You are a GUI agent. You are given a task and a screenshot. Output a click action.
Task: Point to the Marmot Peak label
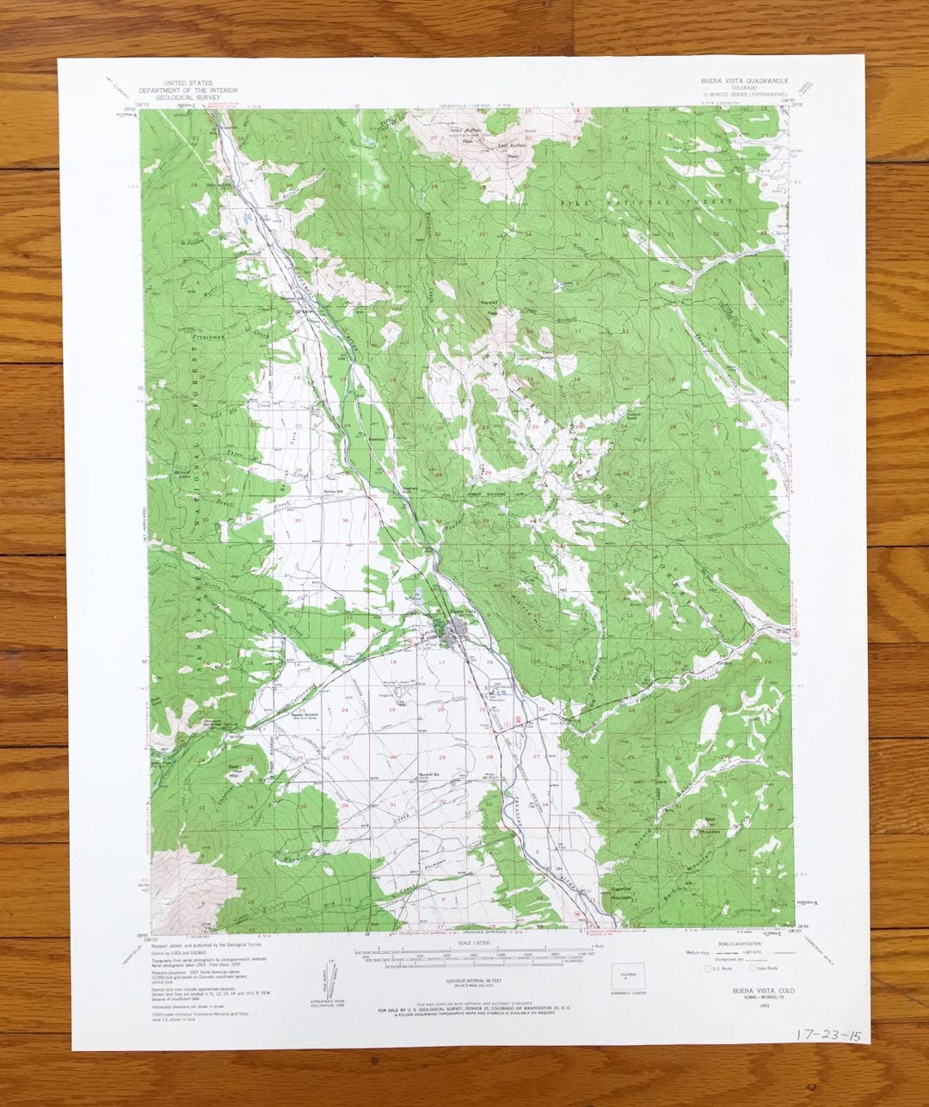492,306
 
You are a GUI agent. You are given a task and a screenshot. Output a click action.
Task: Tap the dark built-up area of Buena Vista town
453,637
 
